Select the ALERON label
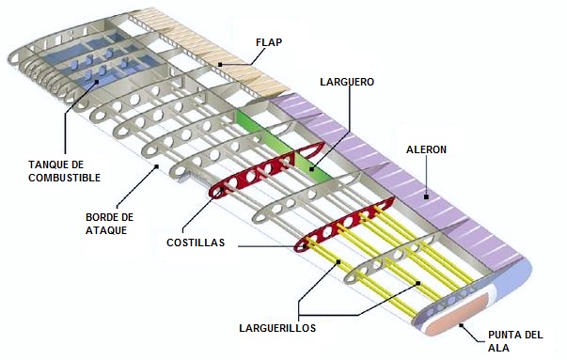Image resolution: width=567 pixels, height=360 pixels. click(x=426, y=149)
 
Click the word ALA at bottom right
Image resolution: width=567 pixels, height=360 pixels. click(x=497, y=348)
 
